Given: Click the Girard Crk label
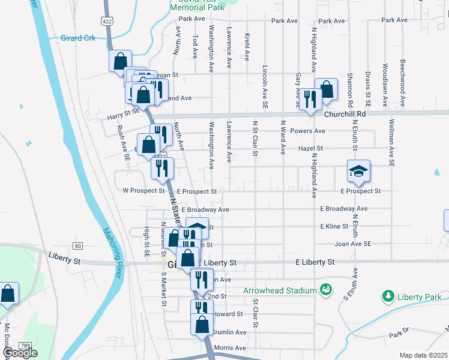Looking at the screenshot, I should coord(78,38).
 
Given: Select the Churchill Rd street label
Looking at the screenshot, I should coord(345,113).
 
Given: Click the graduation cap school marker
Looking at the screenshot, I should coord(358,172).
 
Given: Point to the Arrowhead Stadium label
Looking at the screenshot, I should coord(280,291).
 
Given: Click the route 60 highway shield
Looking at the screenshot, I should coord(78,246).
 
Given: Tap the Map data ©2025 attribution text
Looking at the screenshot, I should coord(423,355).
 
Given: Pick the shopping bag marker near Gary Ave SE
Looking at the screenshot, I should coord(326,89).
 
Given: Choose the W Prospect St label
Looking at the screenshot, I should coord(143,191).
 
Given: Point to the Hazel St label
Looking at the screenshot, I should coord(310,148).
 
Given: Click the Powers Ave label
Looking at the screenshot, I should coord(307,131).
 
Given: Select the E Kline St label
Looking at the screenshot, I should coord(334,226).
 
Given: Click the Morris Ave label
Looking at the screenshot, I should coord(230,348).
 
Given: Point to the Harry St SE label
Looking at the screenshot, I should coord(123,112).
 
